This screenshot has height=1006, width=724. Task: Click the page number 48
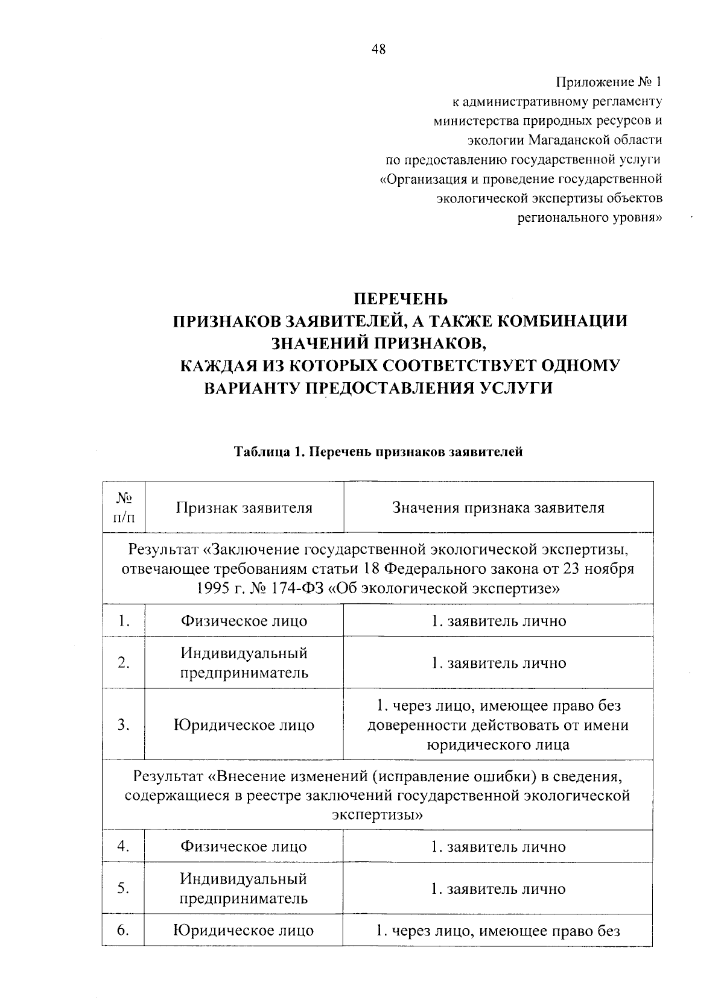click(x=378, y=50)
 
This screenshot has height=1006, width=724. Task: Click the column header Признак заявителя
click(x=244, y=508)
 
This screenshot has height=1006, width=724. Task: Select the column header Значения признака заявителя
click(x=498, y=508)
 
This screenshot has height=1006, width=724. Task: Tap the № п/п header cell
click(x=124, y=507)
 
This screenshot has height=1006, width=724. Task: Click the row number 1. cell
click(x=124, y=621)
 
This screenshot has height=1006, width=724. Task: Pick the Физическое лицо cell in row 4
click(x=244, y=846)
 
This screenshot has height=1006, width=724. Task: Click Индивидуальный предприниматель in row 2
click(x=244, y=662)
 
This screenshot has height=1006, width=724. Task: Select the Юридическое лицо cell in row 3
click(x=244, y=725)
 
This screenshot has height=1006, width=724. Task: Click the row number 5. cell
click(x=124, y=888)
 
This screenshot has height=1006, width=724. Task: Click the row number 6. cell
click(x=124, y=930)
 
